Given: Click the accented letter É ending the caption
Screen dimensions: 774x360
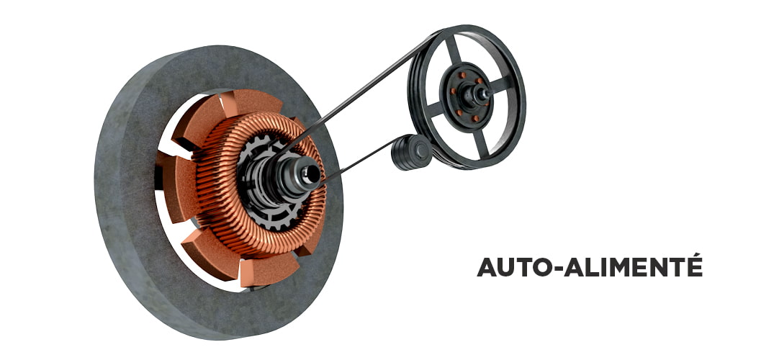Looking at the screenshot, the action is (694, 264).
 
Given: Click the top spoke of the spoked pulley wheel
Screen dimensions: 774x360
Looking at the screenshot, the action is (454, 49).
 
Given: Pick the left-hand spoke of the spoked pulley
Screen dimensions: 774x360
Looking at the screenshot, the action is (433, 109).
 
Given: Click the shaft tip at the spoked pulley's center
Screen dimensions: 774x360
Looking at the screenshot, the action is (483, 93).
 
